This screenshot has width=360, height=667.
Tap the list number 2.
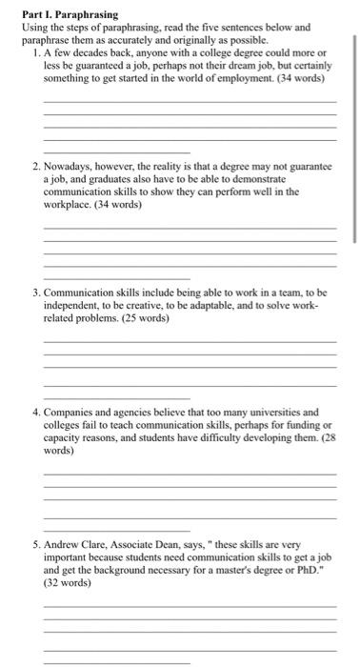35,166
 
